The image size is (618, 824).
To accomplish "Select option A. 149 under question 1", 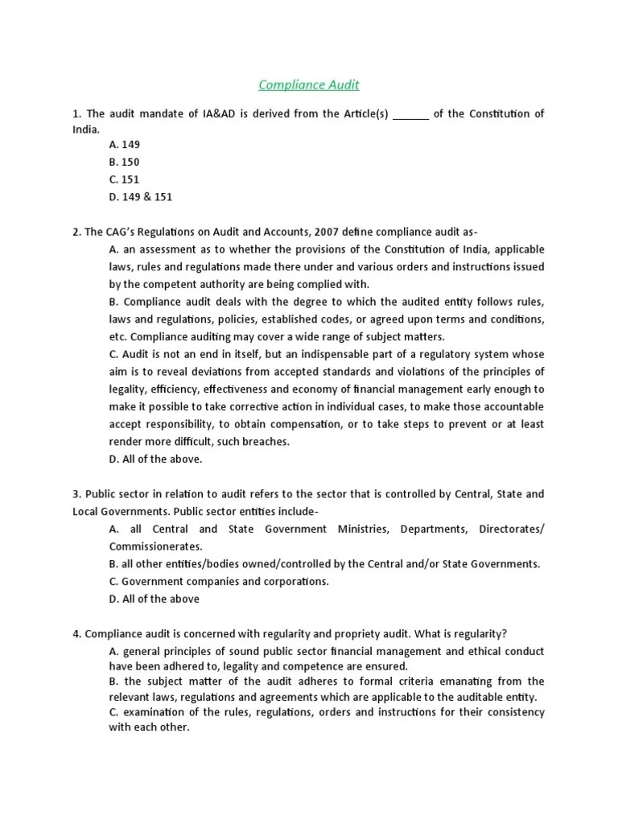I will (x=125, y=145).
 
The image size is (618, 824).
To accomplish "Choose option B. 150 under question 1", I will (x=125, y=162).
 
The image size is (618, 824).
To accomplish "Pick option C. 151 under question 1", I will (x=125, y=179).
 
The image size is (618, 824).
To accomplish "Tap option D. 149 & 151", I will (x=141, y=196).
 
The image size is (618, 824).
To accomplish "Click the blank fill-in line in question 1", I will (x=411, y=115).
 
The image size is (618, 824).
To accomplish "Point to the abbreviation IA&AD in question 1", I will (x=208, y=114).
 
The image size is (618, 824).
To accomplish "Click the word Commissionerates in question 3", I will (x=156, y=546).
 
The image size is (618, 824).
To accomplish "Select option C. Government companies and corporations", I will (x=219, y=581).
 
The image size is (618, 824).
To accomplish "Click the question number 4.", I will (x=76, y=633).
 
